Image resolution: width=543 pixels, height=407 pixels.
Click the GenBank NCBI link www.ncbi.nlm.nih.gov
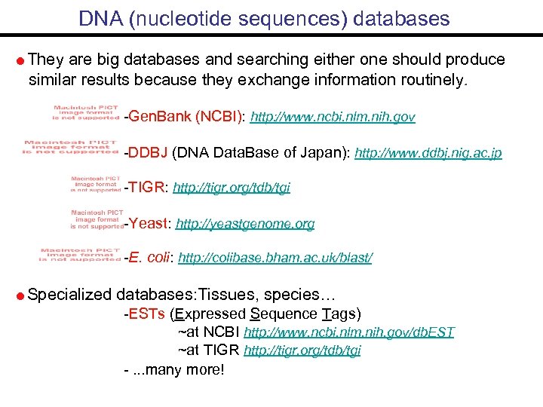tap(333, 118)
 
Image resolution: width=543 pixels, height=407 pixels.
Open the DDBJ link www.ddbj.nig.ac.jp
tap(428, 154)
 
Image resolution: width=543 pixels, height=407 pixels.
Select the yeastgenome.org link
tap(245, 224)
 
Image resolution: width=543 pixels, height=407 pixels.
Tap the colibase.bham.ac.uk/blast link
tap(275, 259)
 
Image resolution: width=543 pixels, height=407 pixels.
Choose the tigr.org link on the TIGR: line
tap(232, 188)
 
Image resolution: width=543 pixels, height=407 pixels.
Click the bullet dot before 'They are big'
tap(20, 61)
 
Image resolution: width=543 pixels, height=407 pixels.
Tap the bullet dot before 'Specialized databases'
tap(20, 295)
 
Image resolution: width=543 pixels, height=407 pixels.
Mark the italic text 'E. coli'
tap(150, 258)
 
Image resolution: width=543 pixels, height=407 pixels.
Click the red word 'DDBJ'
tap(148, 154)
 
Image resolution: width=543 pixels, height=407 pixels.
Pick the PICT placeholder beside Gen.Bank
tap(86, 112)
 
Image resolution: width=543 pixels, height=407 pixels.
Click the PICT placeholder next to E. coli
tap(80, 255)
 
